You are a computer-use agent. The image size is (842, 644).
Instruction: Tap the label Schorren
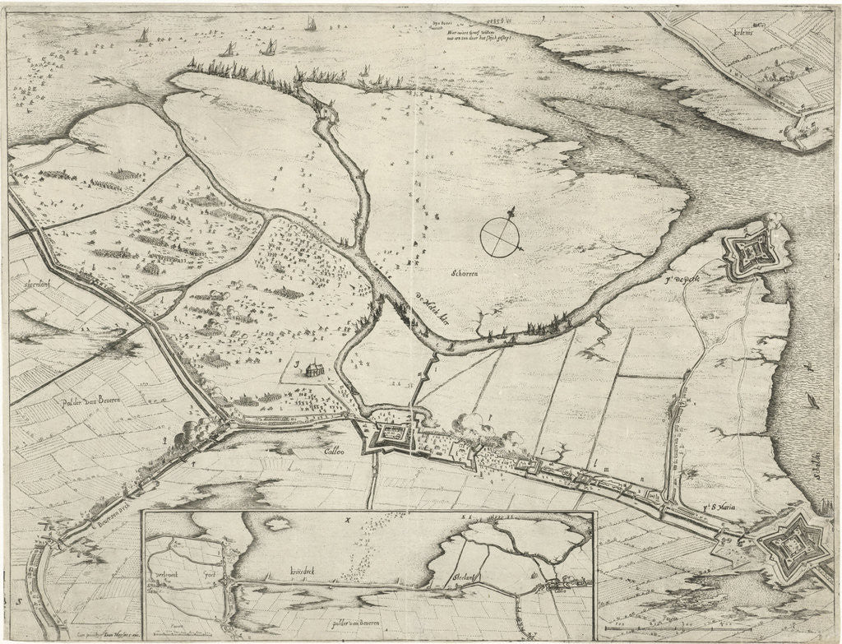[x=465, y=273]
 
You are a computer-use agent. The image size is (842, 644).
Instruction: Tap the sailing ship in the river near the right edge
[x=812, y=402]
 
